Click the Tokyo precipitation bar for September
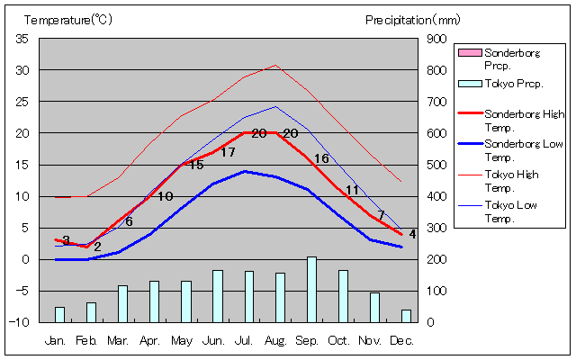coord(311,289)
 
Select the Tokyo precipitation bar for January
coord(59,314)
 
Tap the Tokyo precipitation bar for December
coord(406,315)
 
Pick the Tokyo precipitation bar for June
coord(217,295)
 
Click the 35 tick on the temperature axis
coord(22,39)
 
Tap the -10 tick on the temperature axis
coord(21,322)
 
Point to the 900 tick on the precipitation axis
coord(436,39)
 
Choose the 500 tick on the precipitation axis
coord(436,165)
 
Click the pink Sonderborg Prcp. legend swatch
coord(469,53)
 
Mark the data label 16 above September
coord(321,159)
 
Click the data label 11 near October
coord(353,190)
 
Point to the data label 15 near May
coord(195,165)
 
